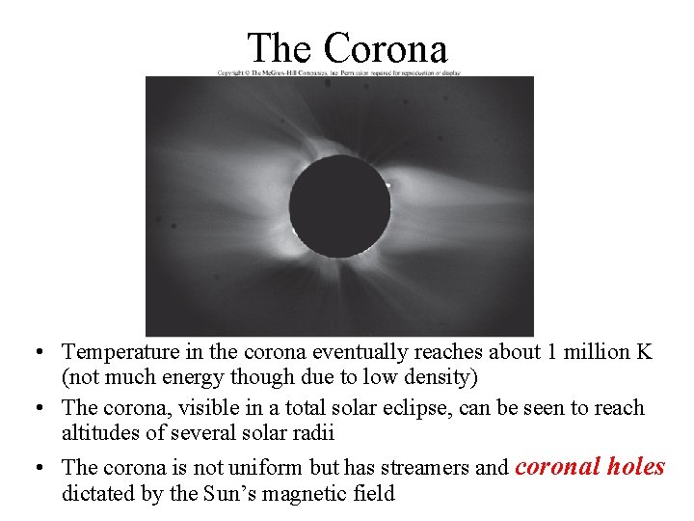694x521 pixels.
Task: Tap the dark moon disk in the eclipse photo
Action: (339, 205)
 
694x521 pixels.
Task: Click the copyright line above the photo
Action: (338, 72)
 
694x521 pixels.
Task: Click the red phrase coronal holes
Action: (590, 466)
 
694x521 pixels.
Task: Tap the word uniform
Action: (263, 468)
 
